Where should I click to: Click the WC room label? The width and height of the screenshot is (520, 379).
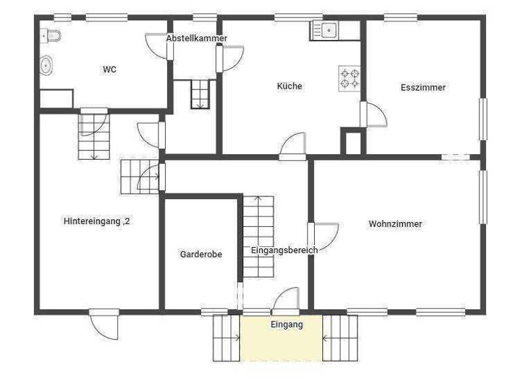point(109,69)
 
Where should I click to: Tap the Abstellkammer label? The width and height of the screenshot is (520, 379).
point(196,39)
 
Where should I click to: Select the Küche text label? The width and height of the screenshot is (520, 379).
point(289,86)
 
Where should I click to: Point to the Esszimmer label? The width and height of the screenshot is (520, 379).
point(423,87)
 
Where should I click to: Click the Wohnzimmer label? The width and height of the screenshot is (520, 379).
point(395,224)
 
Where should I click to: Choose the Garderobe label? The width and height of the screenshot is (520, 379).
point(201,254)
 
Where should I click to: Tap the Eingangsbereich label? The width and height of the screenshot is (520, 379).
point(284,250)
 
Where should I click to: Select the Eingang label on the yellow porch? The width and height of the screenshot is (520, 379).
point(286,325)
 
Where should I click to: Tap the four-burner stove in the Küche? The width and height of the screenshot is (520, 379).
point(349,78)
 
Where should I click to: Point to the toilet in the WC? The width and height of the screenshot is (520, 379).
point(51,35)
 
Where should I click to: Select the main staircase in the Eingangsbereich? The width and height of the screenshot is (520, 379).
point(258,236)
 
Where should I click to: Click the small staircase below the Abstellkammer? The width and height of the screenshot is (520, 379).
point(200,94)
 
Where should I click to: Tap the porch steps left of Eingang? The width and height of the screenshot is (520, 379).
point(226,337)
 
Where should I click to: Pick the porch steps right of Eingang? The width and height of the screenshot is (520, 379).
point(340,337)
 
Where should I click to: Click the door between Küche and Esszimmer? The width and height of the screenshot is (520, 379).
point(373,115)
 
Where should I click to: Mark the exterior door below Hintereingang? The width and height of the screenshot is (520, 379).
point(106,324)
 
